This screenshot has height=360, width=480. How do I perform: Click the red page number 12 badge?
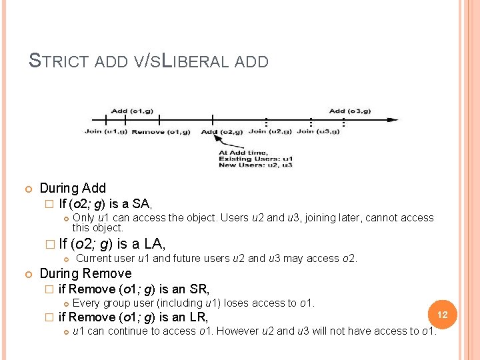pyautogui.click(x=441, y=313)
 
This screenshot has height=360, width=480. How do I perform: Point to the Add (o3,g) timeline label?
pyautogui.click(x=350, y=111)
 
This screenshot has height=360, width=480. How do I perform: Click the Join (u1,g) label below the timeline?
pyautogui.click(x=105, y=131)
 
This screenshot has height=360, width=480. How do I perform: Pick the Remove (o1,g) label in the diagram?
pyautogui.click(x=161, y=131)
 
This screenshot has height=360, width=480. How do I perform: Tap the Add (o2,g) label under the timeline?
pyautogui.click(x=222, y=131)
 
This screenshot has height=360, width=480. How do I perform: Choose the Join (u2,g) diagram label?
pyautogui.click(x=270, y=131)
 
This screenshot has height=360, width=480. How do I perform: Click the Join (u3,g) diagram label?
pyautogui.click(x=318, y=131)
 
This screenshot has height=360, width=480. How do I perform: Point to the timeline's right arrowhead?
pyautogui.click(x=394, y=120)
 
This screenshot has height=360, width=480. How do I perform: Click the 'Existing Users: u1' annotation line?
pyautogui.click(x=255, y=159)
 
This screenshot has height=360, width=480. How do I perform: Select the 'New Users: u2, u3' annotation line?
pyautogui.click(x=255, y=165)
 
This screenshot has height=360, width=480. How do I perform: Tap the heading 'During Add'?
pyautogui.click(x=73, y=188)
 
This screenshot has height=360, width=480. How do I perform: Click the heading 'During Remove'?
pyautogui.click(x=85, y=273)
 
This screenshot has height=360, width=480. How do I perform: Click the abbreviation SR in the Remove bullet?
pyautogui.click(x=199, y=289)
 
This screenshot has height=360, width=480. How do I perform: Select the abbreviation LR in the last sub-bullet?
pyautogui.click(x=198, y=317)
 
